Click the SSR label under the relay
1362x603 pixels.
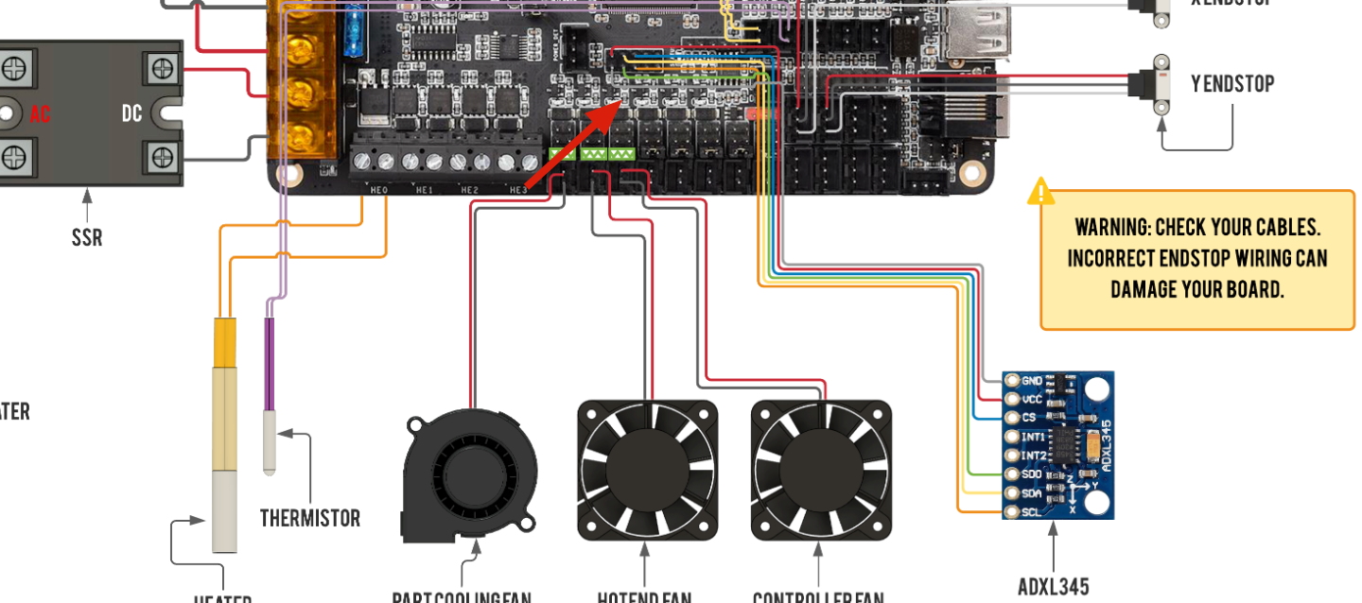pos(87,235)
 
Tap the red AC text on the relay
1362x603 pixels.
pos(40,114)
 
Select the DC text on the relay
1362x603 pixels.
pos(131,113)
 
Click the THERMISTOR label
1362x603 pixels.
pos(310,518)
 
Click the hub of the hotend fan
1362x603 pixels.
pos(647,471)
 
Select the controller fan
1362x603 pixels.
pos(821,471)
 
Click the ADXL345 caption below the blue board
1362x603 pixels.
pos(1054,587)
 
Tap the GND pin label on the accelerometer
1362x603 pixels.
pos(1031,381)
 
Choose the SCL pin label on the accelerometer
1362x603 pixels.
pos(1031,512)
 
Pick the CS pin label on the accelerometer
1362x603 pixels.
pos(1028,418)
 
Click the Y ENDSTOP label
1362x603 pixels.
pos(1232,84)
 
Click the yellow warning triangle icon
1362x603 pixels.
pos(1041,192)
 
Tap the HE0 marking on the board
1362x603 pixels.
pos(378,190)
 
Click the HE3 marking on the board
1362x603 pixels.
pos(518,190)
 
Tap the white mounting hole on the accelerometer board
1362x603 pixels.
pos(1096,389)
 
